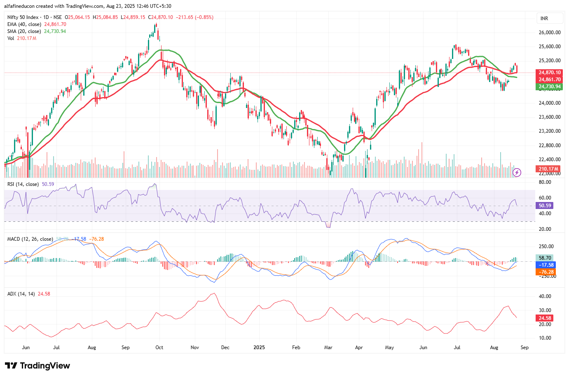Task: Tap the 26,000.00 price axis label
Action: coord(550,33)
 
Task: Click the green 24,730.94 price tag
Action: coord(550,87)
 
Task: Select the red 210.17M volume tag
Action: coord(548,169)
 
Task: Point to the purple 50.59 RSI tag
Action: coord(545,205)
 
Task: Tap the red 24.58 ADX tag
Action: coord(545,318)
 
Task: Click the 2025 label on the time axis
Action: coord(259,347)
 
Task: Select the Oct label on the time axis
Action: coord(159,347)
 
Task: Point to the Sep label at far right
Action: coord(525,347)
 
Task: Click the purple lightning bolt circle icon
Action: coord(517,172)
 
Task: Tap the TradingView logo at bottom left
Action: coord(38,366)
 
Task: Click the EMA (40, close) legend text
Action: coord(24,24)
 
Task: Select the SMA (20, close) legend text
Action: coord(24,31)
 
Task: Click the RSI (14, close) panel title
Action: coord(23,184)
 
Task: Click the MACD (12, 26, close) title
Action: coord(30,239)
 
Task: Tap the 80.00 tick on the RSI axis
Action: coord(545,182)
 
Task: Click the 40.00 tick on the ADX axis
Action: coord(545,296)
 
